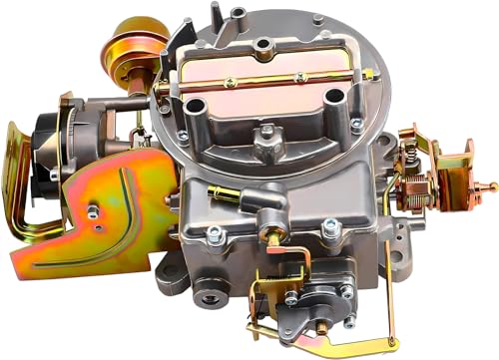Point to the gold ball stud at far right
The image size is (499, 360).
pyautogui.click(x=490, y=186)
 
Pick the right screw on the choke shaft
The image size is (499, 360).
pyautogui.click(x=297, y=76)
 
